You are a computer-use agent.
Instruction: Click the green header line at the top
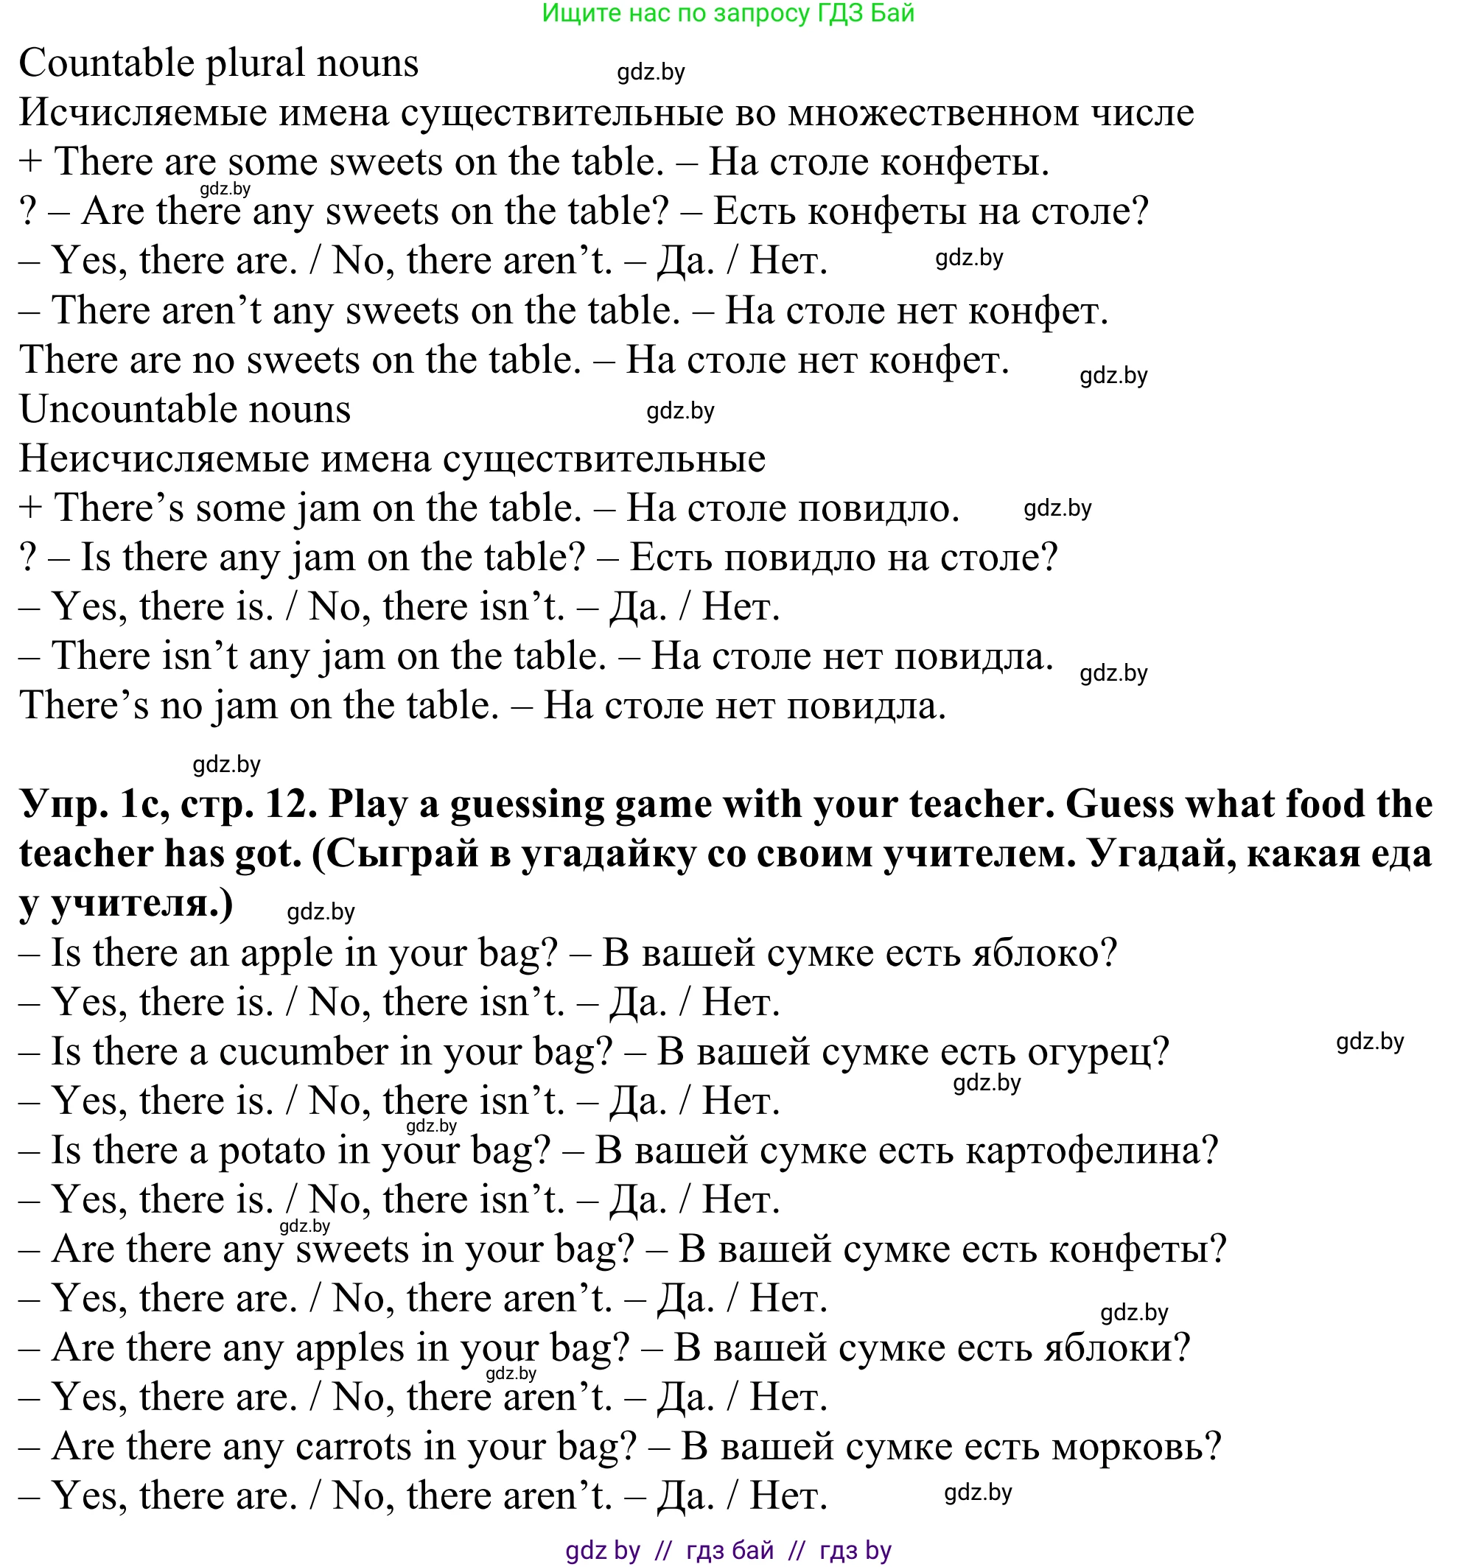tap(728, 13)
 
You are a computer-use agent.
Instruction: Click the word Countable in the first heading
tap(106, 63)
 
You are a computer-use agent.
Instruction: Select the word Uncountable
tap(184, 409)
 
